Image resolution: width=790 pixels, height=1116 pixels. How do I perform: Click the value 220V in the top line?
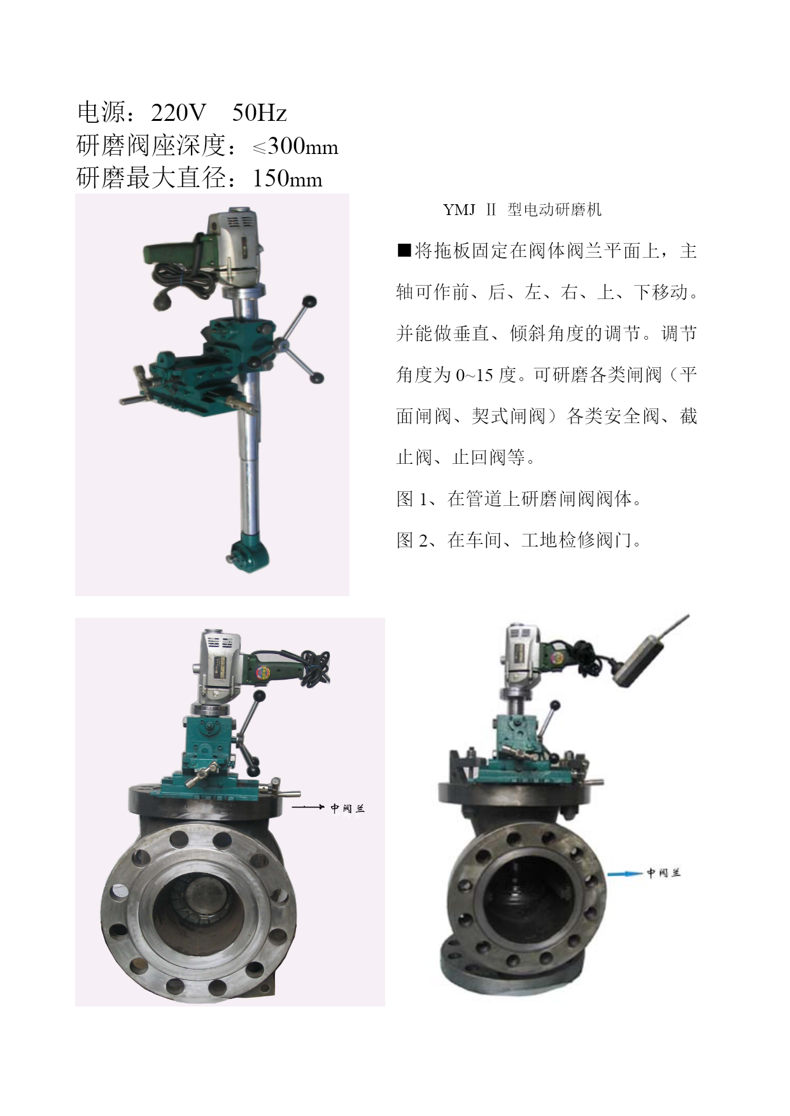pos(178,113)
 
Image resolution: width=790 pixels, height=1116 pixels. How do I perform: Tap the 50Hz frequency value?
pos(259,113)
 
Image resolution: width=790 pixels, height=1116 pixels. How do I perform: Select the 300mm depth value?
pos(303,146)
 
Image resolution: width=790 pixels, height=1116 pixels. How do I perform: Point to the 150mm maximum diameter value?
pos(287,178)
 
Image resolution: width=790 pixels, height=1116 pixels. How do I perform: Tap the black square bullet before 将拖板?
pos(404,250)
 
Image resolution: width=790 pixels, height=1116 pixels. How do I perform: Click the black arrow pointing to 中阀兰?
pos(308,807)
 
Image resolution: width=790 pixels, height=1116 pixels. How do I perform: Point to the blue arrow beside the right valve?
pos(625,874)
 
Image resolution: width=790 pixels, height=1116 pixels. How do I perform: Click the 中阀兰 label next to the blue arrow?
pos(664,873)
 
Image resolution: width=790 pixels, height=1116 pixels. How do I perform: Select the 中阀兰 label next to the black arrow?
pos(348,808)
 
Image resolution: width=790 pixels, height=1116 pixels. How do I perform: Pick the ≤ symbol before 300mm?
pos(259,148)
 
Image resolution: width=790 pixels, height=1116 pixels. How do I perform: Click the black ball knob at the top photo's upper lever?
pos(310,300)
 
